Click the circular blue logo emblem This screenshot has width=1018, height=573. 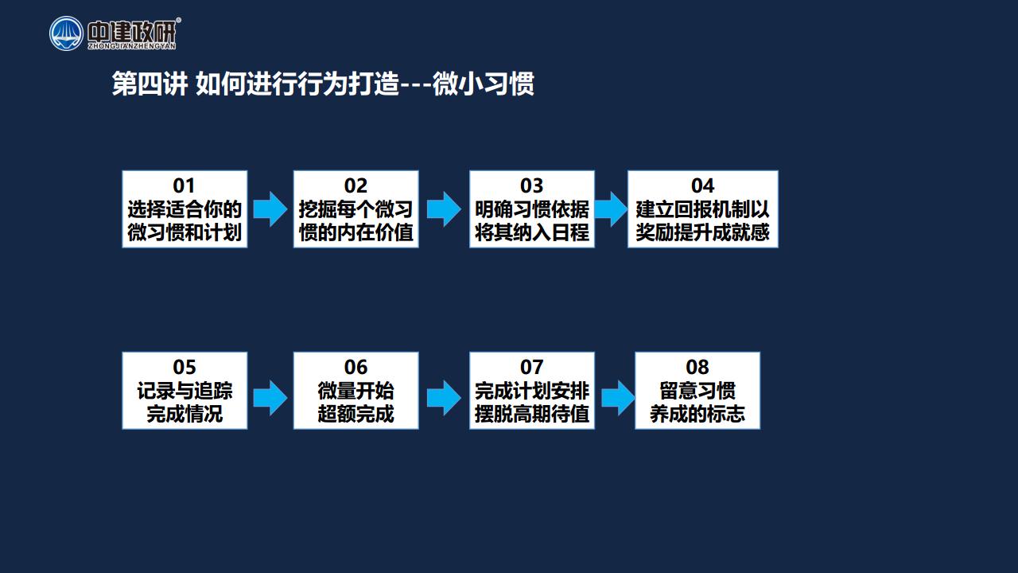point(66,33)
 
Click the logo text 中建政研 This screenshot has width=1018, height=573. point(131,33)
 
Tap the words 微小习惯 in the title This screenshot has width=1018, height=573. point(483,84)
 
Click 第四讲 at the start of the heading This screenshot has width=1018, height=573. point(150,84)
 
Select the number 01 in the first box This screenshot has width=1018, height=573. point(184,185)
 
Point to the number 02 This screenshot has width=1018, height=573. point(356,185)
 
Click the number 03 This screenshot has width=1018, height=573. point(532,185)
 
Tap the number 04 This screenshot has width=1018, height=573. point(702,185)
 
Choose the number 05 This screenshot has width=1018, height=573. point(184,367)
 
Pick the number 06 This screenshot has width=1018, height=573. point(356,367)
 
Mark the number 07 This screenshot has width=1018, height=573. point(532,367)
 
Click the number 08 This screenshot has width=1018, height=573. point(697,367)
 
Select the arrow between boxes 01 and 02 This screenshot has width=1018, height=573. point(270,209)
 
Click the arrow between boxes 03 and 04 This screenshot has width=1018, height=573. point(611,209)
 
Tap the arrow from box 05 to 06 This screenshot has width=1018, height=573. point(270,398)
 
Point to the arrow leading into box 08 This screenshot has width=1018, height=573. point(618,398)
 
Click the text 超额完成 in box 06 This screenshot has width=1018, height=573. point(356,414)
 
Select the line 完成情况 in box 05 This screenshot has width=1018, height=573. point(185,414)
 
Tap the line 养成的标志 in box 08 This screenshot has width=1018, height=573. point(697,414)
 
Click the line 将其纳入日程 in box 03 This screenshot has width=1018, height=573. point(532,232)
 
